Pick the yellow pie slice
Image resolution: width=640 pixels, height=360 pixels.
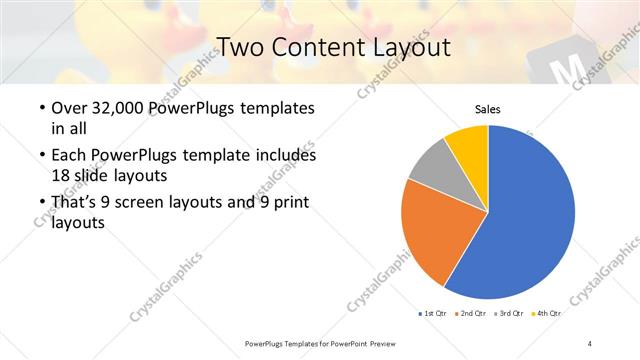(x=468, y=142)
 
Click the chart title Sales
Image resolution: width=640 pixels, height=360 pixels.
(x=487, y=110)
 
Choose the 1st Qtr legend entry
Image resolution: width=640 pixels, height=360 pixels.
(x=431, y=314)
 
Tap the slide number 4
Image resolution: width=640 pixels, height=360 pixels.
(x=590, y=343)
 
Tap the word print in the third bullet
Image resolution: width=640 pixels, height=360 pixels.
(x=288, y=202)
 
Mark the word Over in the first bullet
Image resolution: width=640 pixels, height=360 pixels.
(x=68, y=108)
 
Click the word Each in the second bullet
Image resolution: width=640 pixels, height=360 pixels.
(x=68, y=155)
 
